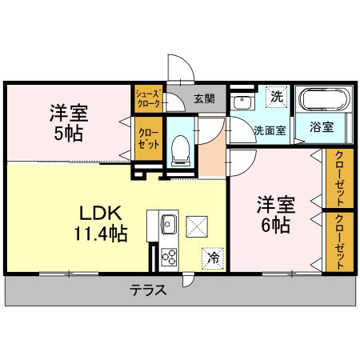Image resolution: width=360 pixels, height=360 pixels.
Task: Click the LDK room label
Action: click(99, 214)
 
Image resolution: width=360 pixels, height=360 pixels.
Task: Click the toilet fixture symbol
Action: click(181, 147)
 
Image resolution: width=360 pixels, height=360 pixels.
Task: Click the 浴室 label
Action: click(322, 127)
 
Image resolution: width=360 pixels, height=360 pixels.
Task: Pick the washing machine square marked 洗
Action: click(276, 96)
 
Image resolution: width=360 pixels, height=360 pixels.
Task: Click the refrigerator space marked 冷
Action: click(213, 258)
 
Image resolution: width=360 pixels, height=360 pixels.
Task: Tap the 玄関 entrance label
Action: click(204, 99)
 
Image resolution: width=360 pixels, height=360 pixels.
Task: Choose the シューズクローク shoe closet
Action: click(150, 98)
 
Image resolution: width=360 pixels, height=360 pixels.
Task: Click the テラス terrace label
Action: click(149, 290)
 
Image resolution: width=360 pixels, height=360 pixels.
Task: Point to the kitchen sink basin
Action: click(170, 222)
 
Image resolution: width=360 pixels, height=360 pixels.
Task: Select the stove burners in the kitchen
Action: click(170, 256)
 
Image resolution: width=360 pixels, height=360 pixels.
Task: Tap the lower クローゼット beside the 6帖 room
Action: click(341, 242)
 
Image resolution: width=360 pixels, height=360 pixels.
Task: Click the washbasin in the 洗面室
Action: click(241, 102)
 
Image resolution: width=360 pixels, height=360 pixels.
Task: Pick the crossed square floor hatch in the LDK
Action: click(197, 226)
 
